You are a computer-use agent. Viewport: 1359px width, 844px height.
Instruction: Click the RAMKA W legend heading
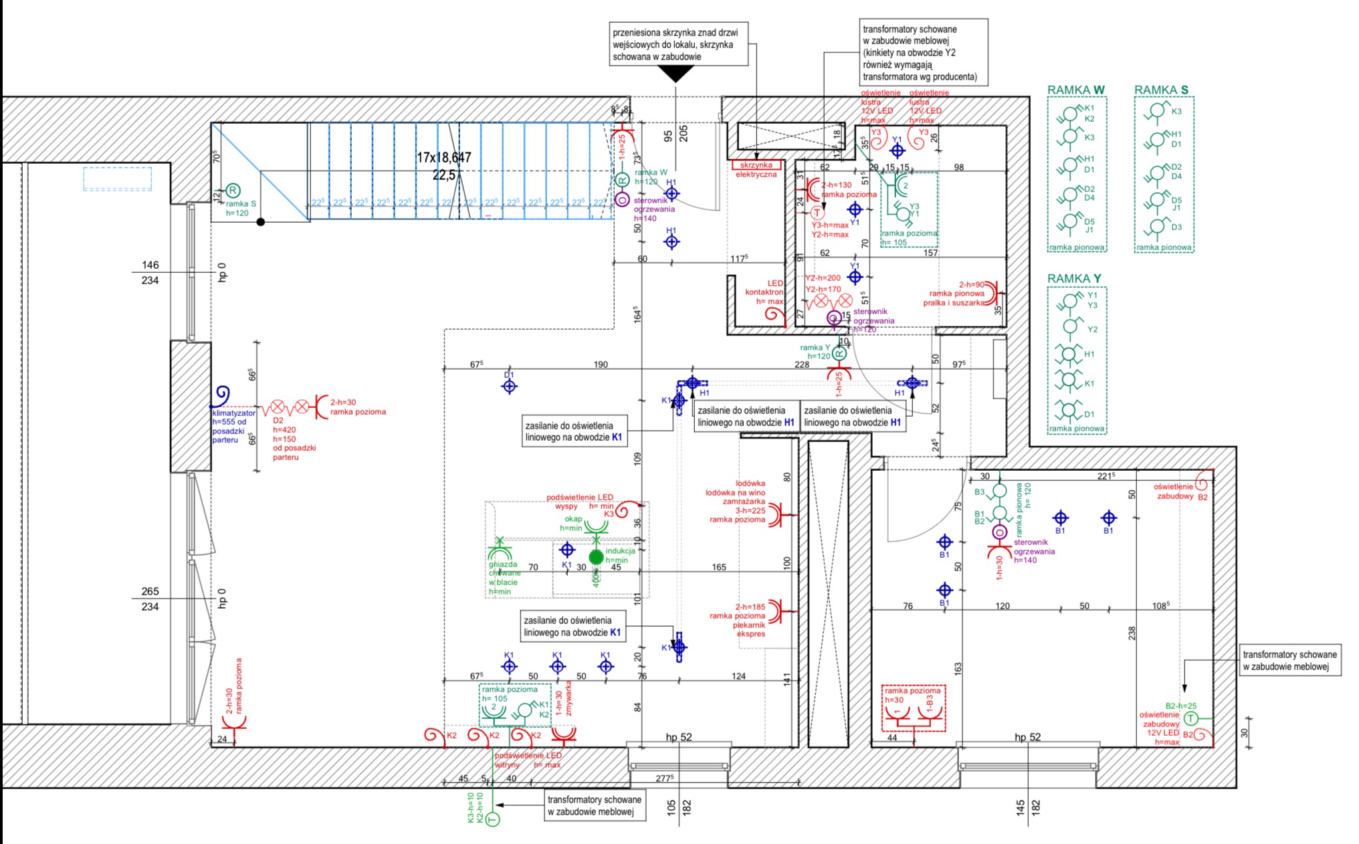[x=1075, y=90]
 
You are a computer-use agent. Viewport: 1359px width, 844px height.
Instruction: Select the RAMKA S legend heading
[x=1161, y=90]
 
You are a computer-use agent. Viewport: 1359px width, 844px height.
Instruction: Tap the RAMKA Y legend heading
[x=1074, y=279]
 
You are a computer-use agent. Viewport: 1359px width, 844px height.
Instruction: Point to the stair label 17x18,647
[x=444, y=158]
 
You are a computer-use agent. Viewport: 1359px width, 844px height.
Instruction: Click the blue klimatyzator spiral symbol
[x=221, y=395]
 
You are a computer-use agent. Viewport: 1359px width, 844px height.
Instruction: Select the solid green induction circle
[x=596, y=557]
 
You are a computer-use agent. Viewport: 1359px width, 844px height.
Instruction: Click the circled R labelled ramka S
[x=233, y=191]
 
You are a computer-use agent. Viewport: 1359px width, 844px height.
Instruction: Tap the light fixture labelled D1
[x=510, y=387]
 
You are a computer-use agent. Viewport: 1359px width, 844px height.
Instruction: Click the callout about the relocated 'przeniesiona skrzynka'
[x=679, y=45]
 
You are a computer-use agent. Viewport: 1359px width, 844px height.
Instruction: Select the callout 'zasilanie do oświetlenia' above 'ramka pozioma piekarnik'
[x=573, y=627]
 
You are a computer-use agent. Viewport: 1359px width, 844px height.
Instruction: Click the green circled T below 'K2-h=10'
[x=492, y=819]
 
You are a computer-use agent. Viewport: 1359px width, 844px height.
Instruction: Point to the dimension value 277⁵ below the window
[x=664, y=778]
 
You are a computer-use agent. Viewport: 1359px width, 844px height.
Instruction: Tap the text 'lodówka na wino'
[x=735, y=493]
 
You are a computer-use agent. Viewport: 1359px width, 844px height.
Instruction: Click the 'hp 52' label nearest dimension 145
[x=1027, y=738]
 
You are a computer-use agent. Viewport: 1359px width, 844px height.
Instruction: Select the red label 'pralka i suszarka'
[x=954, y=303]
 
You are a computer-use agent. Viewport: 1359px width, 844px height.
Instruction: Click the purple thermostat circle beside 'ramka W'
[x=622, y=199]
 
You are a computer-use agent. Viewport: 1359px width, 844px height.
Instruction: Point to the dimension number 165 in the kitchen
[x=718, y=567]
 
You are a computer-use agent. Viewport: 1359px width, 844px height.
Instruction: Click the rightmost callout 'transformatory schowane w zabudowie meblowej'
[x=1289, y=661]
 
